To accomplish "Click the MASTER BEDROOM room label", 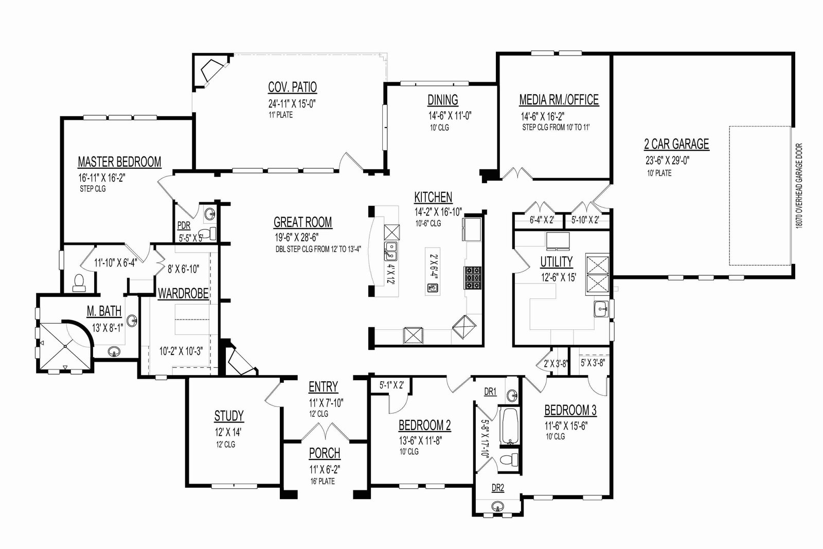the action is pos(119,162).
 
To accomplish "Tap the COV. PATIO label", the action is pos(293,87).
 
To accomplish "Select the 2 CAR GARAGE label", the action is pos(676,144).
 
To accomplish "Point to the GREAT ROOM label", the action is pos(303,222).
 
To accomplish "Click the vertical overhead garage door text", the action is pos(800,186).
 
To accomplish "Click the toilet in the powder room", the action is pos(210,234).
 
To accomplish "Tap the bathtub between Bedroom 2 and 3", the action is pos(510,426).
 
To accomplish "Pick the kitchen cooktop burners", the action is pos(473,278).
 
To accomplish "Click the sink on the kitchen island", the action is pos(433,288).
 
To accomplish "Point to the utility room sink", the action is pos(601,309).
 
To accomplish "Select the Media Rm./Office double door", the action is pos(517,173).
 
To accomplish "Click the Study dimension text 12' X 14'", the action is pos(228,432).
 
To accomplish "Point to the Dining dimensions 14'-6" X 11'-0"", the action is pos(450,116).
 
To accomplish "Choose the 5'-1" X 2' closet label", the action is pos(391,385).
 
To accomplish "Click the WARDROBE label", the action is pos(183,294).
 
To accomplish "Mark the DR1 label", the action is pos(490,392).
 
